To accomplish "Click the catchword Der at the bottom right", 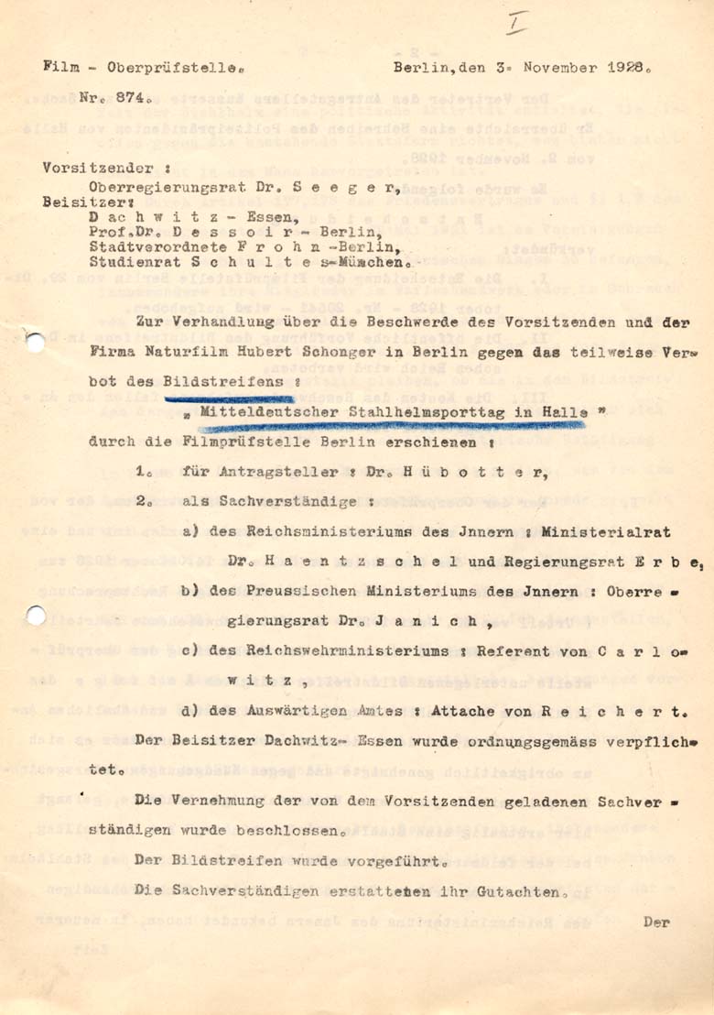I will tap(656, 922).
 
